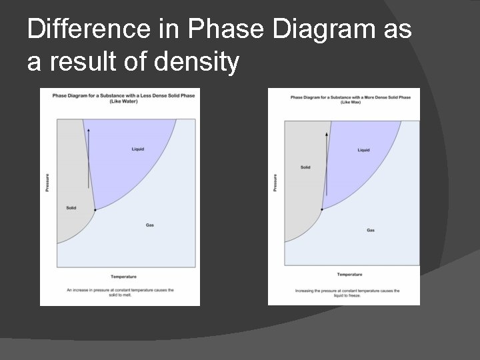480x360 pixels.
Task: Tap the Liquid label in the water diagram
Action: pos(137,149)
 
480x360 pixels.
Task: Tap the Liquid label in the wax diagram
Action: pos(363,150)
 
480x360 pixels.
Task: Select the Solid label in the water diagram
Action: pos(71,207)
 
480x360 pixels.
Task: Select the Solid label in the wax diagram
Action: pos(305,167)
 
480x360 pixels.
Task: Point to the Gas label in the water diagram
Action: pos(150,225)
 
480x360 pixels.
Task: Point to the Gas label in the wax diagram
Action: pos(370,230)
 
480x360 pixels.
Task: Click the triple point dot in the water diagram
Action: pos(95,210)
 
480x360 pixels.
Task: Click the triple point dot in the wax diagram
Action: pos(322,209)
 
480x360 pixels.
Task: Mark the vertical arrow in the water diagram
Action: pos(89,157)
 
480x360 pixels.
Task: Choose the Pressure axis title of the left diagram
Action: pos(47,183)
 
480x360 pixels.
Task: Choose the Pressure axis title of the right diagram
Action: pos(275,183)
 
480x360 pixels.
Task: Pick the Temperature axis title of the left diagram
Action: pos(123,276)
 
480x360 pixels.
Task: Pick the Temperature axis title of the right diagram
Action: pos(349,275)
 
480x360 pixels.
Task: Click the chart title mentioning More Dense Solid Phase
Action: pos(350,99)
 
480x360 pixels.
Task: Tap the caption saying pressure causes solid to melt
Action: pos(120,291)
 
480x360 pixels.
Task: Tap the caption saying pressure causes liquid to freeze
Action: pos(347,292)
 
